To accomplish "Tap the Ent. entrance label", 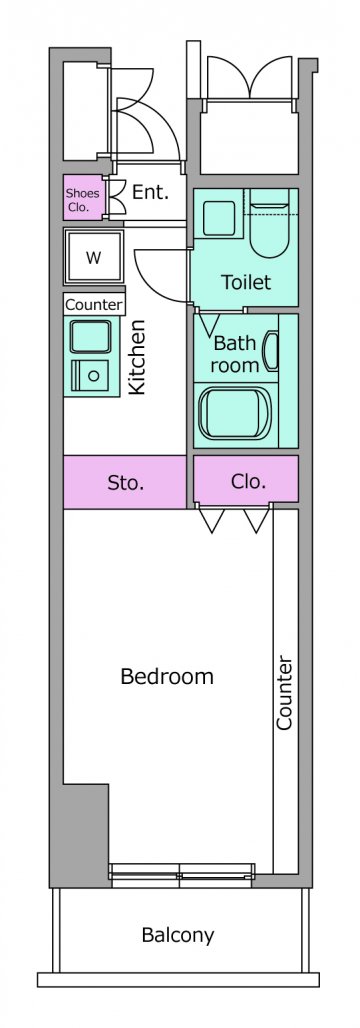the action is pos(151,192).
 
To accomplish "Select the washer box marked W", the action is pos(94,257).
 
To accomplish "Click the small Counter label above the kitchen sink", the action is pos(94,305).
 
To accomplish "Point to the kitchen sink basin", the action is pos(91,337).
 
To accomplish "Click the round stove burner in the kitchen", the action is pos(94,376).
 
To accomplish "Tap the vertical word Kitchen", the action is pos(136,357).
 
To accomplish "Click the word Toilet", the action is pos(246,283).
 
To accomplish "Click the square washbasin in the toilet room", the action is pos(219,218).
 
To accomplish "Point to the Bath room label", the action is pos(235,354).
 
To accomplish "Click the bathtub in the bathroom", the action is pos(234,414).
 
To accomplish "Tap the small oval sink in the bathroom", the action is pos(271,352).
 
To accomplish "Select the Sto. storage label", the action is pos(125,484).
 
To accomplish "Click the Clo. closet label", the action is pos(249,482).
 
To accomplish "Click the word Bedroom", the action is pos(167,677).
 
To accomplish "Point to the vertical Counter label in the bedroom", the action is pos(285,693).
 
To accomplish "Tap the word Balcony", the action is pos(178,935).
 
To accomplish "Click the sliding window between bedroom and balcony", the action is pos(182,875).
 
